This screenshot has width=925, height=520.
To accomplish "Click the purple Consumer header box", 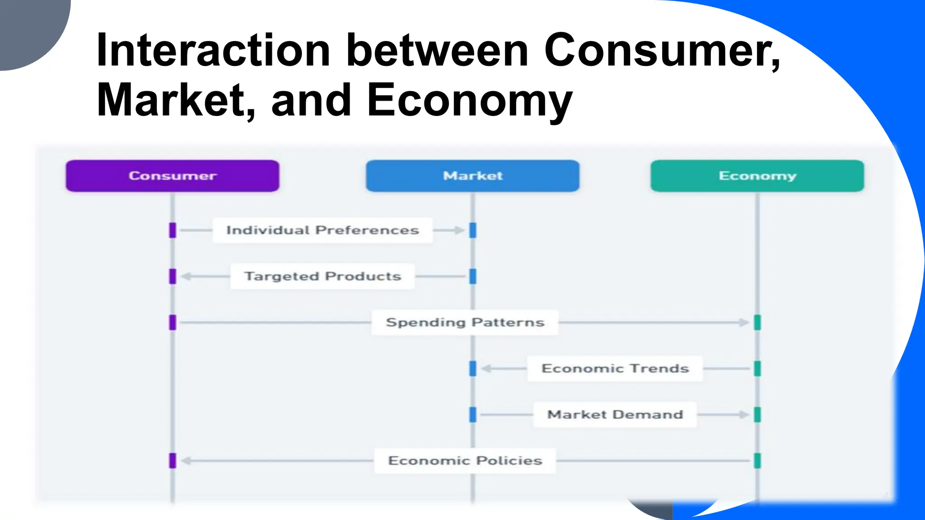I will point(173,176).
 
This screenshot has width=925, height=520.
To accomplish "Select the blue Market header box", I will point(472,176).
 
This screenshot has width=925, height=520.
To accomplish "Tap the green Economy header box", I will point(757,176).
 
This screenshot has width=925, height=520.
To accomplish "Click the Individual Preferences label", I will point(322,230).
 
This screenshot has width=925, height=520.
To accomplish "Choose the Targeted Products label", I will point(322,276).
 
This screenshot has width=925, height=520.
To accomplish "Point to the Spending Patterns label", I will point(465,322).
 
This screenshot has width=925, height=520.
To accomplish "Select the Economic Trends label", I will point(615,368).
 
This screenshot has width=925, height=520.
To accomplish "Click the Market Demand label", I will point(615,414).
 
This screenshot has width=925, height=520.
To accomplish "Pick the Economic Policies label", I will point(465,460).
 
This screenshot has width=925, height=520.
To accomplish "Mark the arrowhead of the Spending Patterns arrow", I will point(744,322).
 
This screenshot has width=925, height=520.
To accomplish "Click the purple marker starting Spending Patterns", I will point(173,322).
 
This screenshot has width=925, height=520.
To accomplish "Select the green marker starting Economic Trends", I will point(757,368).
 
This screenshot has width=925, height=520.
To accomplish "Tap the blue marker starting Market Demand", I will point(473,414).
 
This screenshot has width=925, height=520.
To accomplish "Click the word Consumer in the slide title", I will point(662,51).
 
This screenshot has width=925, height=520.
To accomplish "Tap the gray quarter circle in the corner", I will point(27,27).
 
